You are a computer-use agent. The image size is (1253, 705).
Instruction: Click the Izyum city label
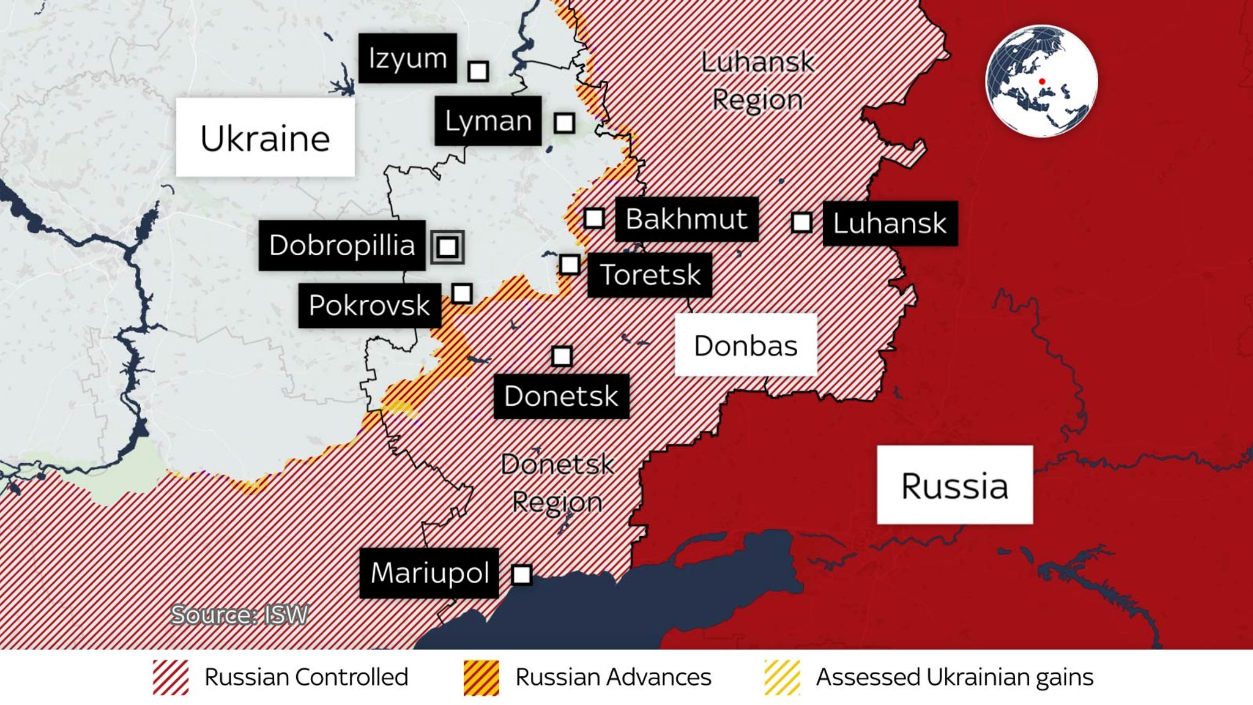click(407, 58)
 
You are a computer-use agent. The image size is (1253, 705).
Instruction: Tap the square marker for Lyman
click(564, 123)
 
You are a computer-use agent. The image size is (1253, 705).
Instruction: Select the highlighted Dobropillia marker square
click(447, 247)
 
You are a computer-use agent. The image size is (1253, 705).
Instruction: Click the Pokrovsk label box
click(370, 305)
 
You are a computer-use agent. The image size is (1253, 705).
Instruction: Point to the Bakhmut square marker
click(594, 218)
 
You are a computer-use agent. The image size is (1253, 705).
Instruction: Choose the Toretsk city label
click(650, 275)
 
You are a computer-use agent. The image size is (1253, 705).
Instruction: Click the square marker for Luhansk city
click(801, 222)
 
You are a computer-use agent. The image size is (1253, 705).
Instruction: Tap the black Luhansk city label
click(890, 223)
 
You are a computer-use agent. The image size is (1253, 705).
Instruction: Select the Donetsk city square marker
click(562, 356)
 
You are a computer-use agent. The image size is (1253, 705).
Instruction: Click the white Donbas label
click(745, 345)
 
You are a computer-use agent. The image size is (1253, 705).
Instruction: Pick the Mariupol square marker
click(521, 575)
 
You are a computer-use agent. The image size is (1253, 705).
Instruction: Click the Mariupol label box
click(429, 573)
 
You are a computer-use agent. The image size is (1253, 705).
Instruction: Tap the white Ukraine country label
click(265, 138)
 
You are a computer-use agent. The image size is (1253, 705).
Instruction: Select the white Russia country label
click(954, 485)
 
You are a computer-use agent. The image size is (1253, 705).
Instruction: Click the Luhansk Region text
click(757, 81)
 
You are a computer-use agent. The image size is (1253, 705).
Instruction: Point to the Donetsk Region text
click(557, 483)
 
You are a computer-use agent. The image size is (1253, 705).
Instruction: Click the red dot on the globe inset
click(1042, 81)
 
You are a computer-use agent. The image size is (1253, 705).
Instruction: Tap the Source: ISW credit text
click(239, 614)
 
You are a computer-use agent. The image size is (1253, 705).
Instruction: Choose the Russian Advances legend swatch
click(481, 677)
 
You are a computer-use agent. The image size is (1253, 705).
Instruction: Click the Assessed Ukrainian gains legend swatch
click(783, 677)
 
